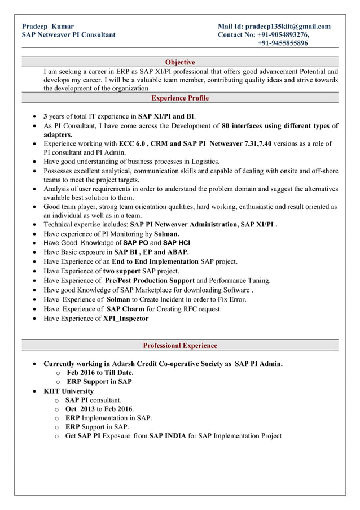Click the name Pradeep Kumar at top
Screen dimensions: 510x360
(x=47, y=26)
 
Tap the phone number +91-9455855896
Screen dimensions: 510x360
(x=283, y=43)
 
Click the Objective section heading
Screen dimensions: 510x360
(x=180, y=62)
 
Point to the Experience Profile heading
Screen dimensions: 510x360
(x=180, y=98)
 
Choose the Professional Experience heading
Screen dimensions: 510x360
(x=180, y=345)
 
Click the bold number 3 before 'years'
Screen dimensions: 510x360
(x=45, y=116)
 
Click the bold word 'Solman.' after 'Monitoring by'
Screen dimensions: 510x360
(x=167, y=233)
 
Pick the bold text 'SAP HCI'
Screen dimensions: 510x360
(x=176, y=243)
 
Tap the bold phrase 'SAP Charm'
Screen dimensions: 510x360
(x=125, y=309)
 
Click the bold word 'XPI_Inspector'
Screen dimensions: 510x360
(x=126, y=319)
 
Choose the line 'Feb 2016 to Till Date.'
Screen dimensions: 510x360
(x=100, y=373)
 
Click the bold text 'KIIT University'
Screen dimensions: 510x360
(x=69, y=391)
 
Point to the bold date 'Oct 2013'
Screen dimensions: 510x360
(x=80, y=409)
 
